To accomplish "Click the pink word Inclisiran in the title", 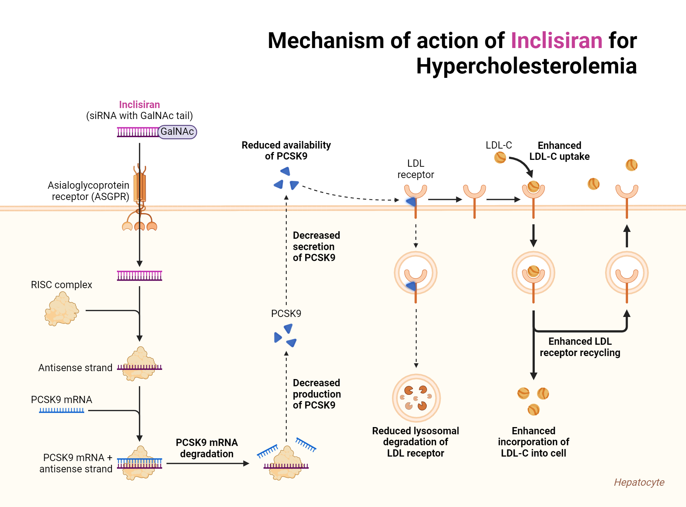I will (x=556, y=40).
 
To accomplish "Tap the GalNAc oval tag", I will (x=177, y=132).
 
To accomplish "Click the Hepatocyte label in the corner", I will (x=639, y=482).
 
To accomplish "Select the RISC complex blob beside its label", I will (x=62, y=309).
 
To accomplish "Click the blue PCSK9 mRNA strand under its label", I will (x=61, y=410).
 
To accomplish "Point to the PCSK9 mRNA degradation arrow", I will (x=207, y=463).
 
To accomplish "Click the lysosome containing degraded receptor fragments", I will (x=416, y=398).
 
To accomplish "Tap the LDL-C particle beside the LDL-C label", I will (x=500, y=157).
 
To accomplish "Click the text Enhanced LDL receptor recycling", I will (x=580, y=347).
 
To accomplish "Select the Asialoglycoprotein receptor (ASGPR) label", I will (x=88, y=191).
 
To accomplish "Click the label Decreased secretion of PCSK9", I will (x=316, y=246).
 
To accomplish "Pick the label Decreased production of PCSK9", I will (x=317, y=394).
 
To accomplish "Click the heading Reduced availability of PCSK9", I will (x=286, y=151).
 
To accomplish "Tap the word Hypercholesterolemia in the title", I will (x=526, y=66).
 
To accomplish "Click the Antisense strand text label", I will (x=75, y=368).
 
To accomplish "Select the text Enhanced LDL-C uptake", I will (x=559, y=151).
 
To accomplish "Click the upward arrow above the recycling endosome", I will (x=627, y=236).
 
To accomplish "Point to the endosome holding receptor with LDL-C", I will (x=533, y=273).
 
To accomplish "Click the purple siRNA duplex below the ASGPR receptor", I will (x=139, y=275).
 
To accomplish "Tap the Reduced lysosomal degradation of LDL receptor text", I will (x=415, y=442).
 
